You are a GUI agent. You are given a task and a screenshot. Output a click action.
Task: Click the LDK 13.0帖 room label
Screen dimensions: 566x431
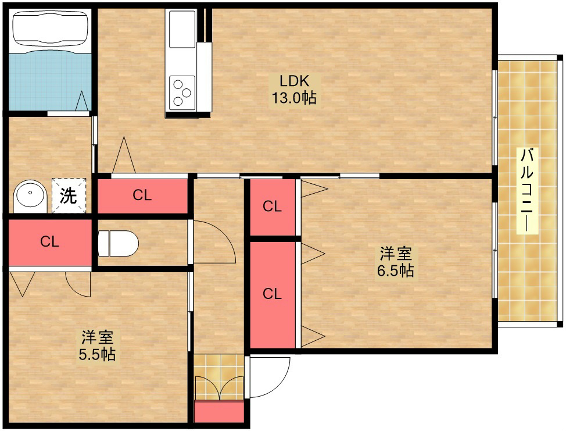point(294,89)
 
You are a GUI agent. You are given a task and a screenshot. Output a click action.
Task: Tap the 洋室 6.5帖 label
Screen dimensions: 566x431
point(396,262)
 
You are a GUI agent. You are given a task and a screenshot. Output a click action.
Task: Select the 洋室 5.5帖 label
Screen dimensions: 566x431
point(97,345)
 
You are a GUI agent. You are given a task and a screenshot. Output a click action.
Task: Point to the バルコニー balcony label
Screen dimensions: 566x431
point(528,190)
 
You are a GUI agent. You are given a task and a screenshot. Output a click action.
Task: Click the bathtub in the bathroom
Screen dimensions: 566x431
point(50,29)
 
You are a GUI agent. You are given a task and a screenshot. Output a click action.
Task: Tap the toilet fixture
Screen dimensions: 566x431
point(119,244)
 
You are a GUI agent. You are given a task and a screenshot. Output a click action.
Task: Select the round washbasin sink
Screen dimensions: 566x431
point(30,197)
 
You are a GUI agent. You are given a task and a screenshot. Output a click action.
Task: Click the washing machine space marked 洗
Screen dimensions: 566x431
point(69,195)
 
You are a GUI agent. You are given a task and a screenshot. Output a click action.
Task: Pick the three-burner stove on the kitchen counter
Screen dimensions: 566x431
point(182,92)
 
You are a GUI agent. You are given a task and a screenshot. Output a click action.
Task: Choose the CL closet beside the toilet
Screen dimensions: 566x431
point(49,242)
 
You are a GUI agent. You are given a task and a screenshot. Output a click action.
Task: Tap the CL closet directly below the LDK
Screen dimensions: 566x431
point(142,195)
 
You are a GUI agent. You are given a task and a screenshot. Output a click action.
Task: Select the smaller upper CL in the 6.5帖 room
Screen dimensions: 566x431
point(273,207)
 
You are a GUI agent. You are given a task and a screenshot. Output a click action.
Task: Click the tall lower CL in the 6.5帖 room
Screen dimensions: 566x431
point(273,294)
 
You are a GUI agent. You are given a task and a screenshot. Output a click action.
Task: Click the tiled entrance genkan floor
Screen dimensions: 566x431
point(218,377)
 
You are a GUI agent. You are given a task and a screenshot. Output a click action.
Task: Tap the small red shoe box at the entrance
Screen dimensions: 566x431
point(218,411)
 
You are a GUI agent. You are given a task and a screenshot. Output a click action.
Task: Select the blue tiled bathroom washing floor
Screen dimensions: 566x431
point(50,80)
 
